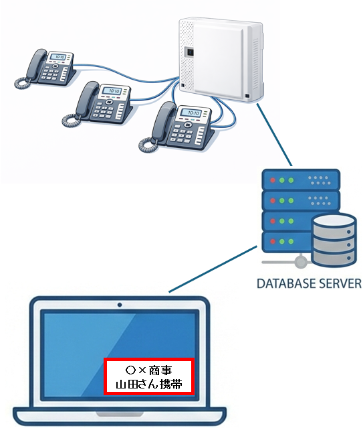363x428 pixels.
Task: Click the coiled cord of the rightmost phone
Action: (x=148, y=143)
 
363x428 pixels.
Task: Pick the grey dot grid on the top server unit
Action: (x=319, y=180)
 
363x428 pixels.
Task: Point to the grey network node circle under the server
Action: (x=301, y=261)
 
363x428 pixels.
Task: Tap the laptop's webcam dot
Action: (x=120, y=305)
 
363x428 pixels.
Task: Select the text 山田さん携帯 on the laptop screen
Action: (x=148, y=385)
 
